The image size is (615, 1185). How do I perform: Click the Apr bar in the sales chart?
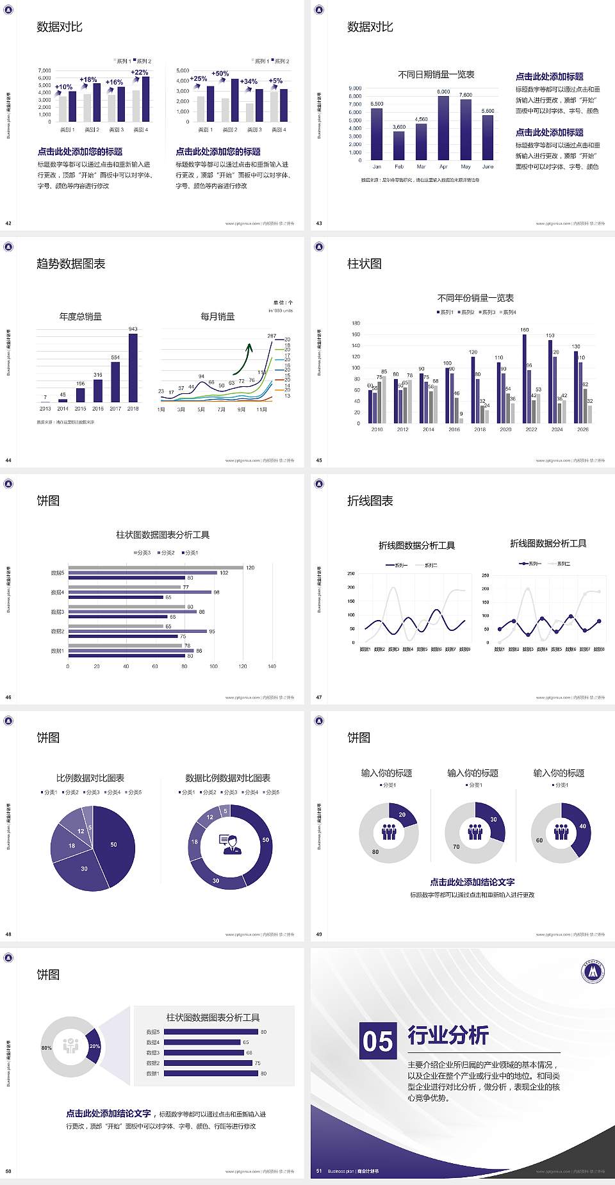click(443, 128)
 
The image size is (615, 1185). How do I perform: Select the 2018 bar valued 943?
click(133, 368)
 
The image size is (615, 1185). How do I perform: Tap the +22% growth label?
click(140, 72)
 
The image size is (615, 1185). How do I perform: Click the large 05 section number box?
click(378, 1040)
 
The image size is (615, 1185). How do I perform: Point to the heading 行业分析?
click(448, 1035)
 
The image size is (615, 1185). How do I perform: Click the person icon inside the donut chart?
click(230, 844)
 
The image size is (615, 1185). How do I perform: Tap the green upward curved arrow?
click(243, 359)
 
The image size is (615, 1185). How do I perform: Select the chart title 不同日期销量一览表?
click(436, 74)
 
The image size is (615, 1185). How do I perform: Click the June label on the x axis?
click(488, 167)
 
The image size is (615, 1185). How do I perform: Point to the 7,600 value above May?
click(466, 95)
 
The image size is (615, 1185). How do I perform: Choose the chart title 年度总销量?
click(81, 316)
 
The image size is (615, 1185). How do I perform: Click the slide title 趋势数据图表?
click(71, 264)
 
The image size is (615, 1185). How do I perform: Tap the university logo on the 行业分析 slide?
click(593, 972)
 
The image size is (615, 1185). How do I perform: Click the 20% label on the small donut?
click(95, 1046)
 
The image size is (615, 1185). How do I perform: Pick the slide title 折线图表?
click(370, 501)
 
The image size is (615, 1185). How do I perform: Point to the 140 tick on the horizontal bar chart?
click(272, 666)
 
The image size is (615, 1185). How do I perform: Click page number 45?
click(319, 460)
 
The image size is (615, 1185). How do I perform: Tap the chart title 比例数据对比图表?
click(90, 778)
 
